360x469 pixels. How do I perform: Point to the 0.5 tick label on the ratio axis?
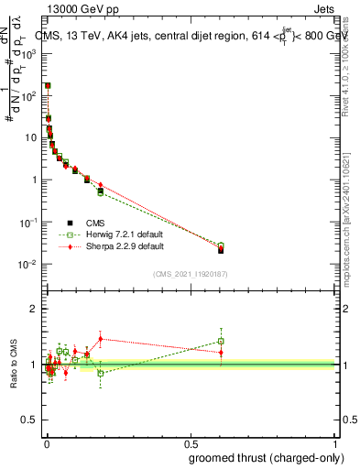point(31,420)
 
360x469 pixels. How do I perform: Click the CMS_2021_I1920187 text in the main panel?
point(190,274)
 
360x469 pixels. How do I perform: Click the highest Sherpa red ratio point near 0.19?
point(101,338)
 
